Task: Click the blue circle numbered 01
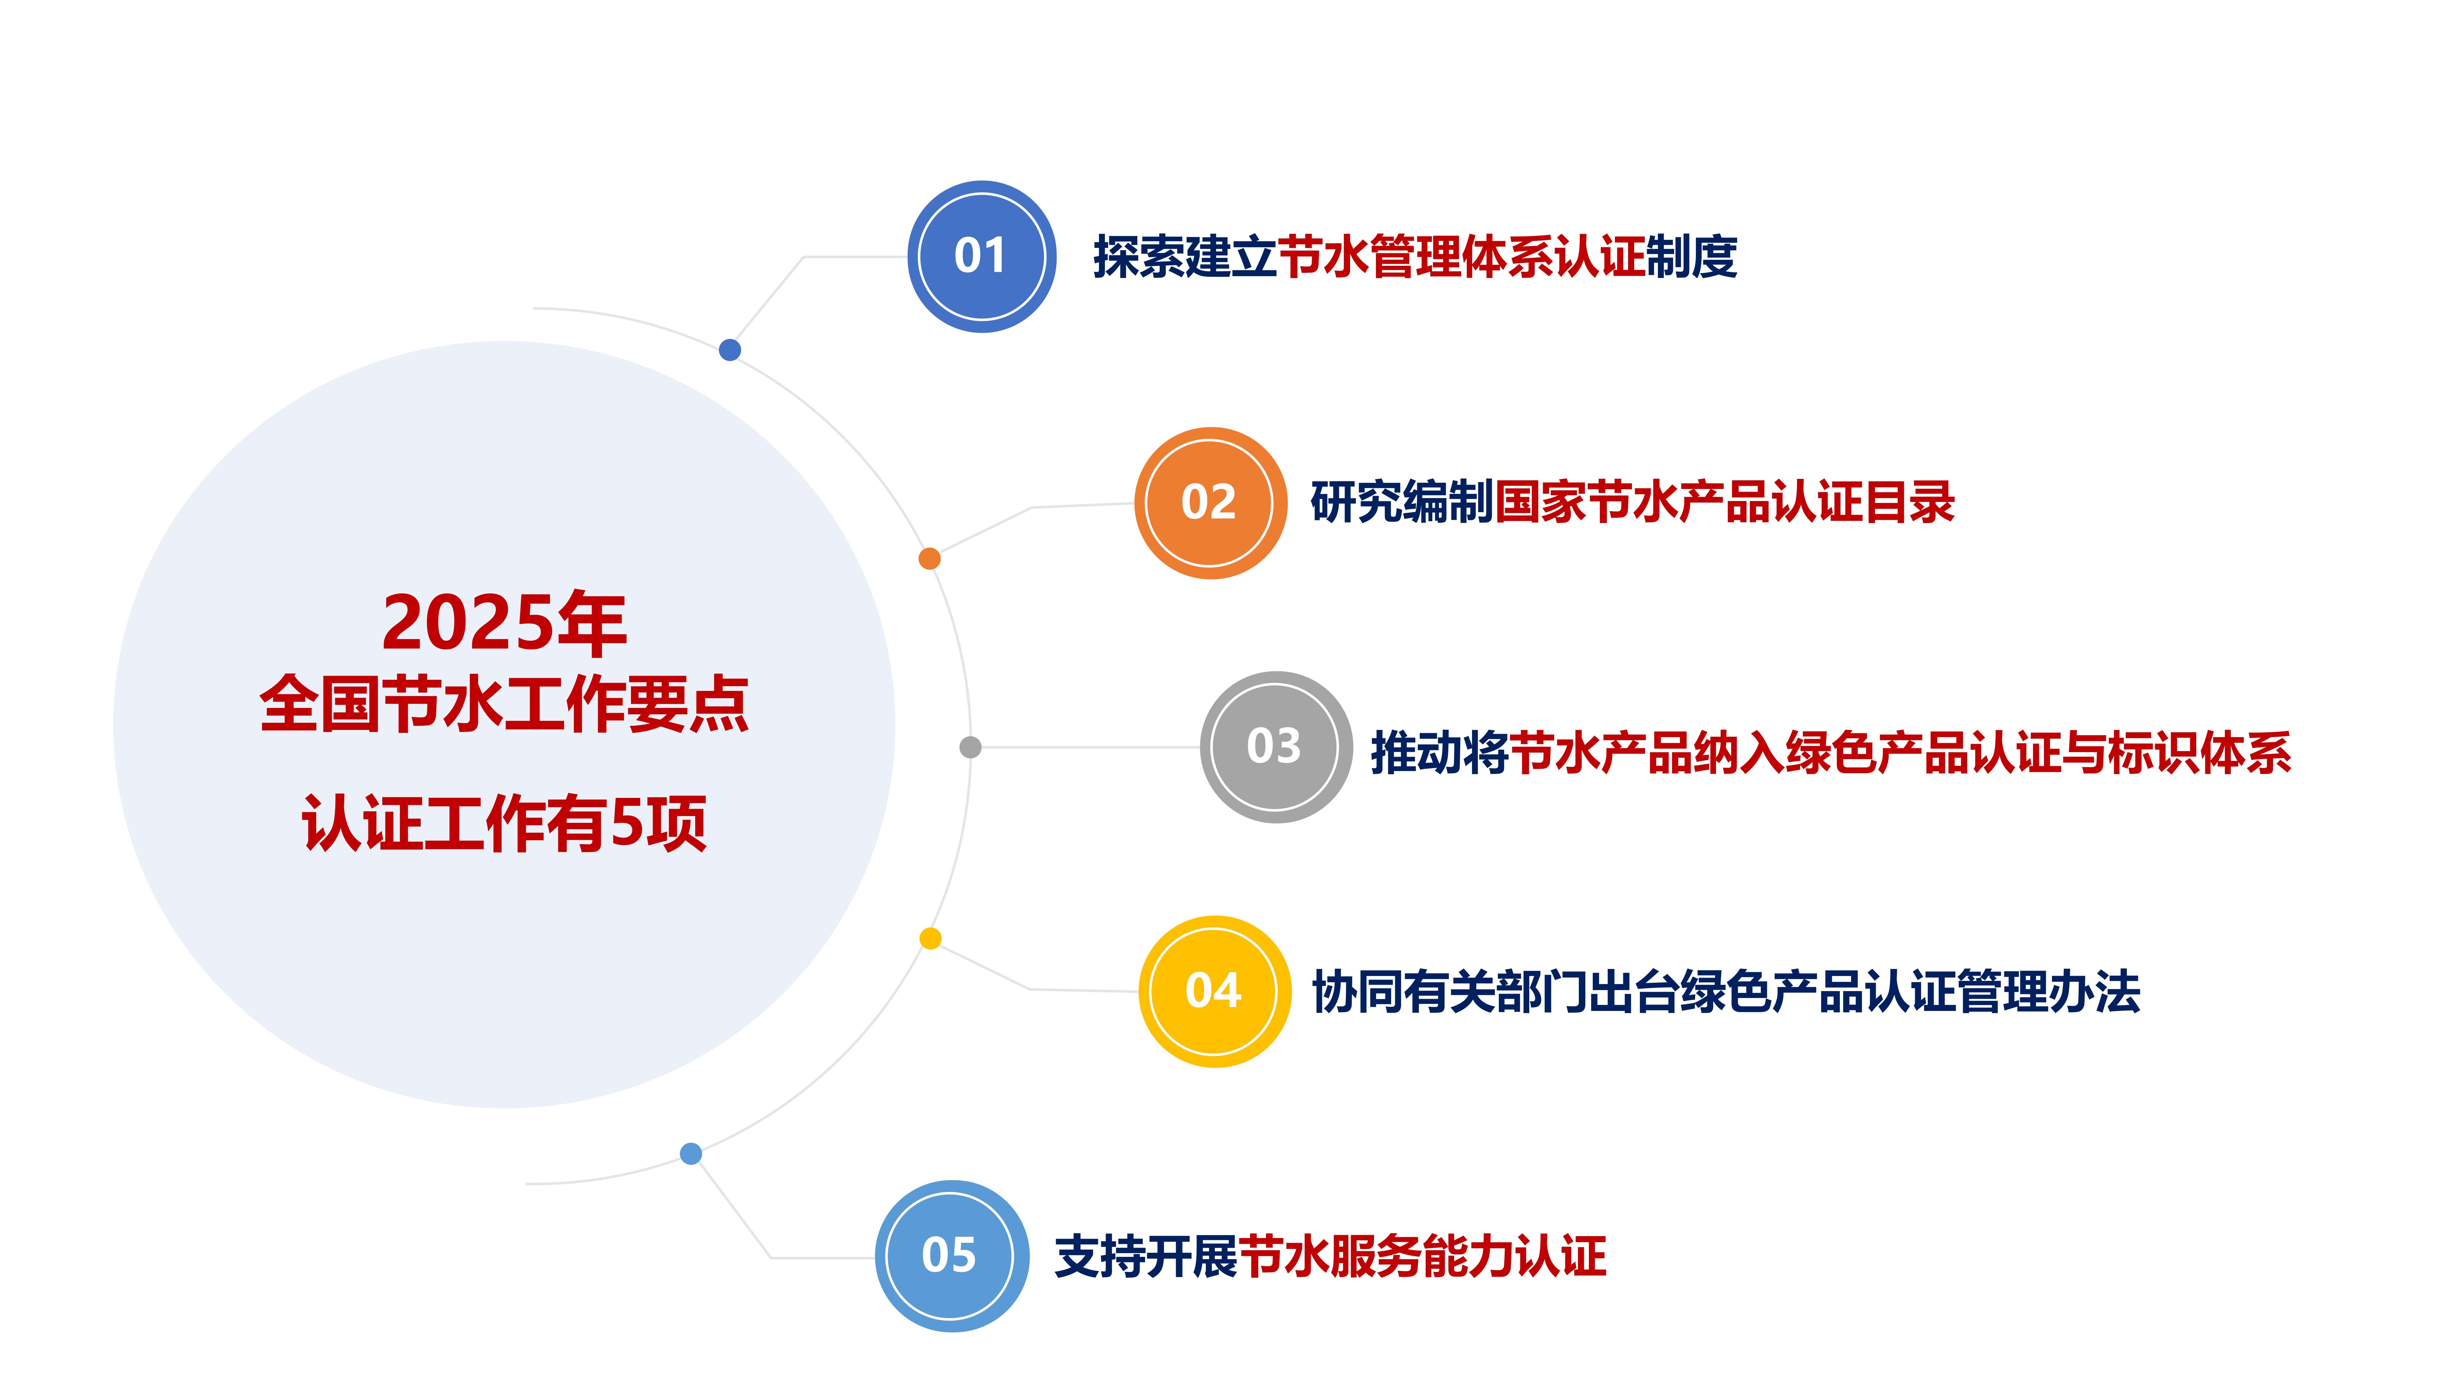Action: pyautogui.click(x=982, y=257)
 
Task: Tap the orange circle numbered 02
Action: pyautogui.click(x=1209, y=503)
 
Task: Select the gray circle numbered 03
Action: pyautogui.click(x=1275, y=747)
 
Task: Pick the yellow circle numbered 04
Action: pyautogui.click(x=1214, y=991)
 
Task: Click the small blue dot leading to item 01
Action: pyautogui.click(x=730, y=350)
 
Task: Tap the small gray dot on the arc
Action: pyautogui.click(x=970, y=747)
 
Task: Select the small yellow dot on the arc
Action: pyautogui.click(x=930, y=939)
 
